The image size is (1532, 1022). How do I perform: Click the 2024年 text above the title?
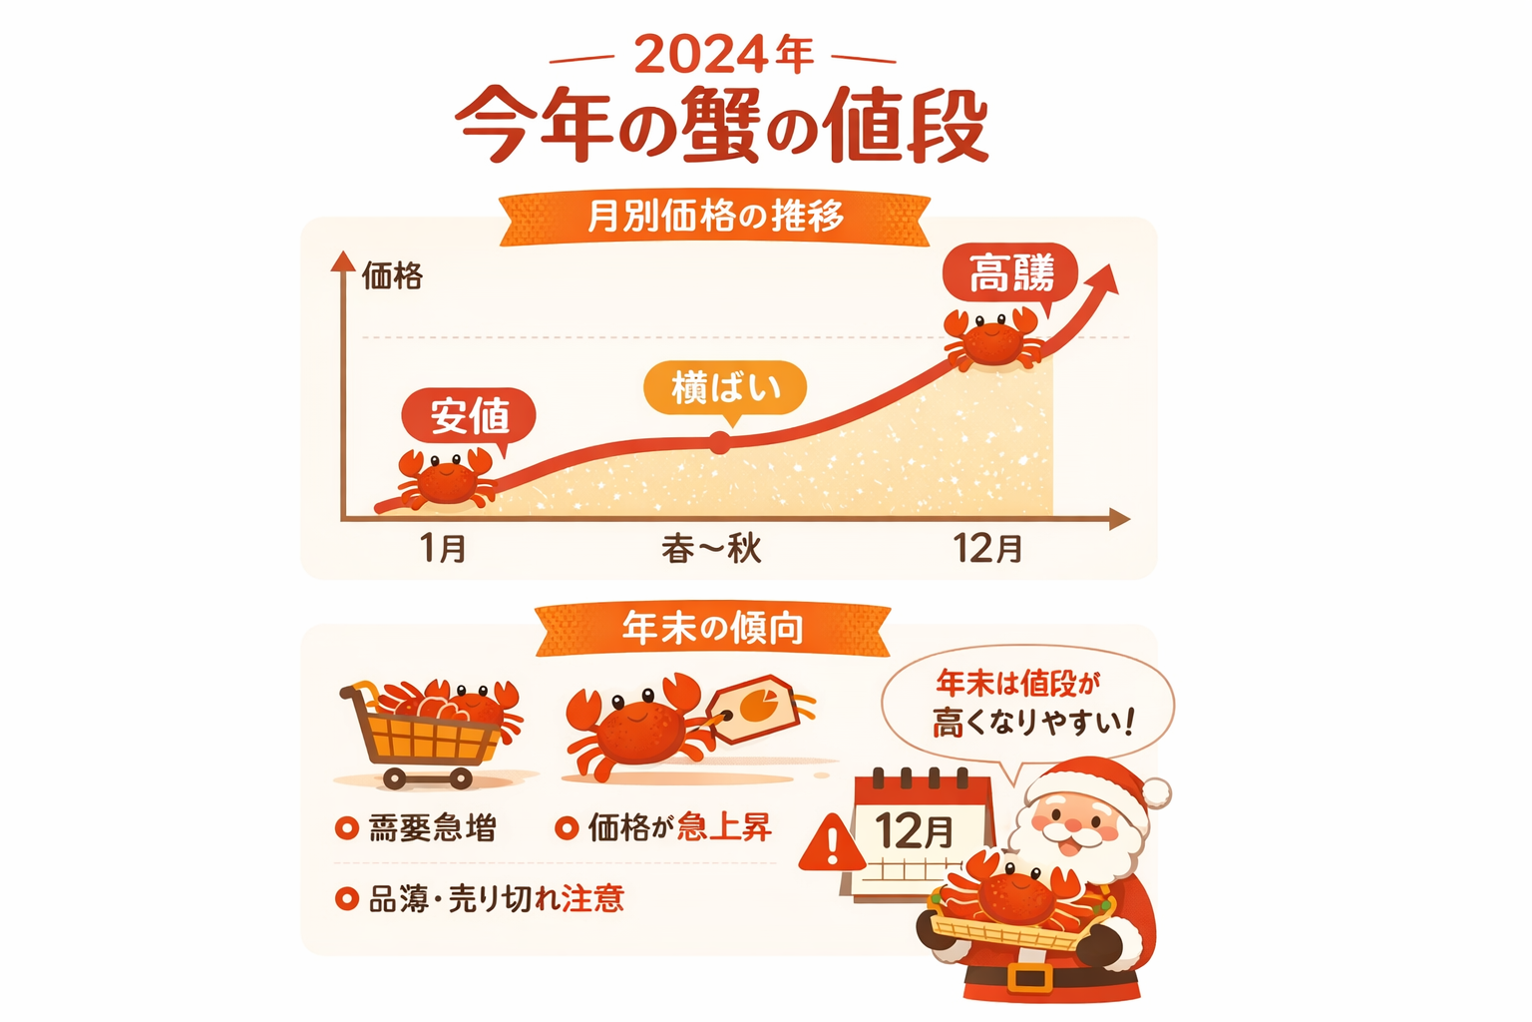click(x=723, y=55)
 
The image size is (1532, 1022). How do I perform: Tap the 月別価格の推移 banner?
click(x=714, y=217)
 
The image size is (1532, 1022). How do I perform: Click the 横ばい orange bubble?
click(x=724, y=387)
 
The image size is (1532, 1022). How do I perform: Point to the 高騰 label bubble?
click(x=1010, y=272)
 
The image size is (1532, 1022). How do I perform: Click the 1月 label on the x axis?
click(x=443, y=548)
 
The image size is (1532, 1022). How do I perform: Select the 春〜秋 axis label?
click(x=711, y=548)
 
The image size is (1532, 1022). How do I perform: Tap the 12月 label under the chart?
click(x=987, y=548)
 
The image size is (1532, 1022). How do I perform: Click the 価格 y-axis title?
click(x=392, y=275)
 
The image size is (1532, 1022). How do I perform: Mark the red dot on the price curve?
click(x=719, y=443)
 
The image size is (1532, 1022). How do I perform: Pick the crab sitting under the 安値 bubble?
click(x=446, y=479)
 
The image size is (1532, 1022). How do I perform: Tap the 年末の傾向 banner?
click(x=712, y=629)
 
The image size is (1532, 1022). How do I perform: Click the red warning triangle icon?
click(x=832, y=844)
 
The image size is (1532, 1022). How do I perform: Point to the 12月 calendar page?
click(x=918, y=834)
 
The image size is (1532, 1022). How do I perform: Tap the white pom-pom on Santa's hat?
click(x=1157, y=793)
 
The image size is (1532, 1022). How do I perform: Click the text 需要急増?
click(x=431, y=828)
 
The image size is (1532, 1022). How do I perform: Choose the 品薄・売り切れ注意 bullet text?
click(x=496, y=899)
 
